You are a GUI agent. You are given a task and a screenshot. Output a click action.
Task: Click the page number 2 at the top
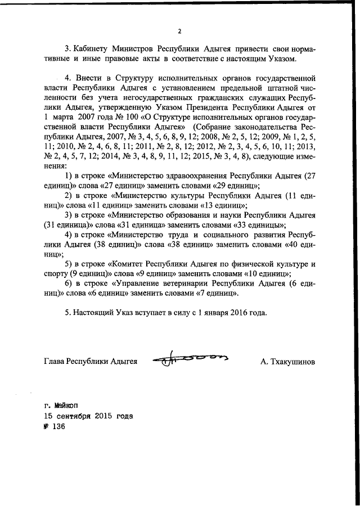(179, 31)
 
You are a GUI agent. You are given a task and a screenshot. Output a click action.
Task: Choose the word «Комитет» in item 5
(128, 264)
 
